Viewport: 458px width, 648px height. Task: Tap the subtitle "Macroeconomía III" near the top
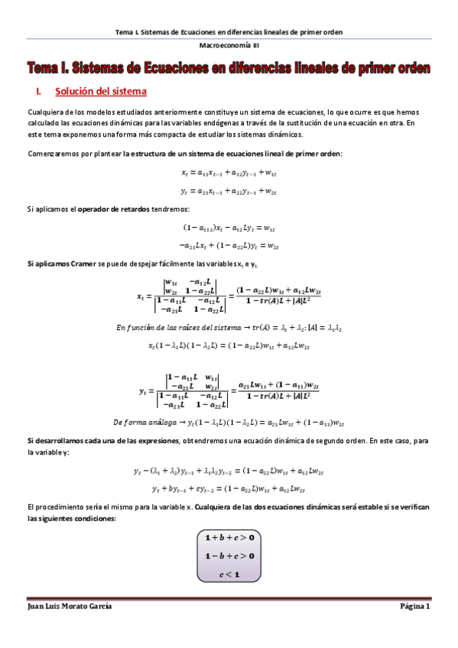pos(229,45)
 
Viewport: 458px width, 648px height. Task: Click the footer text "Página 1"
pos(416,606)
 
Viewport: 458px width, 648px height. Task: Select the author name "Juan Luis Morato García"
pos(69,606)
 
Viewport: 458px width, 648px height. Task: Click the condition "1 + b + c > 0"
pos(229,537)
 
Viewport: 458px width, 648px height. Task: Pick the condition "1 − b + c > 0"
pos(229,556)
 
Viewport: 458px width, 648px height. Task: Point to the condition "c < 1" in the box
pos(229,574)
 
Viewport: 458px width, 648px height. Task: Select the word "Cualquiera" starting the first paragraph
pos(45,112)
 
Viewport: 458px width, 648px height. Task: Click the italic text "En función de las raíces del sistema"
pos(177,327)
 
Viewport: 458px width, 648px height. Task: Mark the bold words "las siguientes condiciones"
pos(69,518)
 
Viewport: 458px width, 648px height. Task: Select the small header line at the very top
pos(229,32)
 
